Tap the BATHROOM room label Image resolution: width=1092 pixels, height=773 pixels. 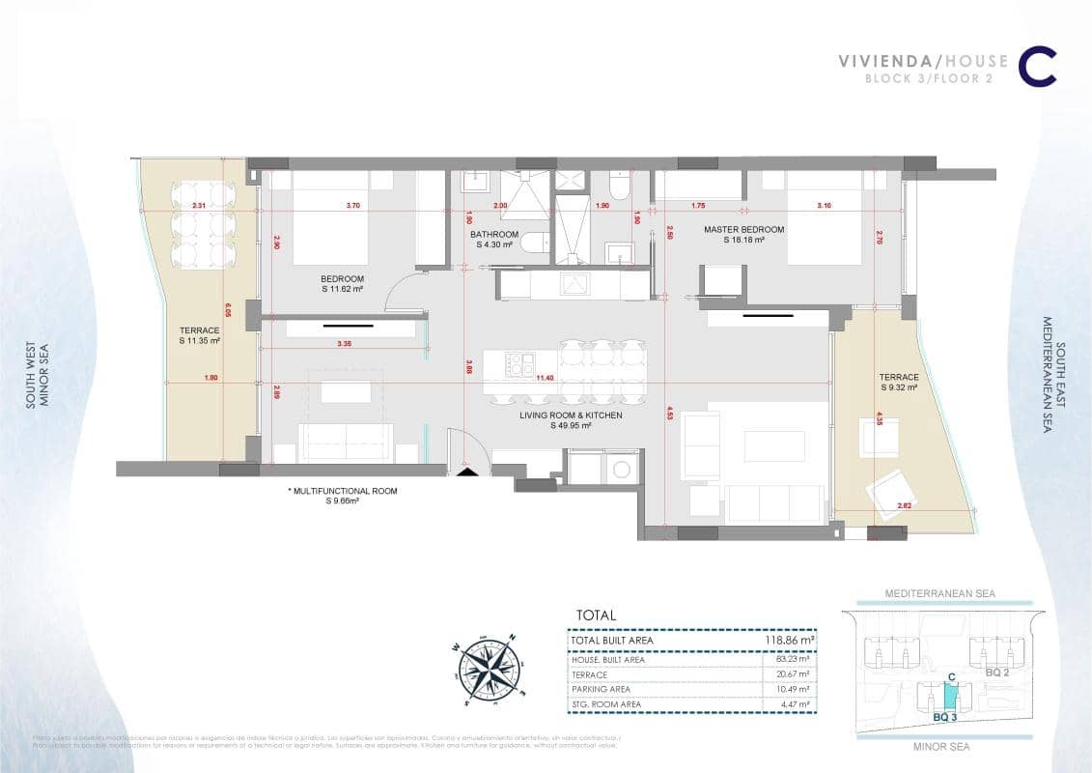[x=494, y=235]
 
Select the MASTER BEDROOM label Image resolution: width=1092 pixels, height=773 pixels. [x=742, y=230]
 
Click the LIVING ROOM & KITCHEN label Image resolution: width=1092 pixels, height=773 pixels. [x=571, y=415]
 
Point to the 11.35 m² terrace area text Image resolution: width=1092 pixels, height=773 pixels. [x=199, y=341]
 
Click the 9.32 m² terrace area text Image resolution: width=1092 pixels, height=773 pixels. [x=898, y=386]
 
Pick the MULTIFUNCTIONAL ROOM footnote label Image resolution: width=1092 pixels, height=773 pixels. [x=344, y=491]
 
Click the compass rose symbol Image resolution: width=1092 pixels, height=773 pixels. [x=489, y=667]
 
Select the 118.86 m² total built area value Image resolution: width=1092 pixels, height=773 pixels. [x=787, y=640]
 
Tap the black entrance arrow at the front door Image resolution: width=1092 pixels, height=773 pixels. [x=467, y=472]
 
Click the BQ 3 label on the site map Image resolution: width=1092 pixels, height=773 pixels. [x=945, y=718]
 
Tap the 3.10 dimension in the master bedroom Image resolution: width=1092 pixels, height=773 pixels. [x=823, y=206]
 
